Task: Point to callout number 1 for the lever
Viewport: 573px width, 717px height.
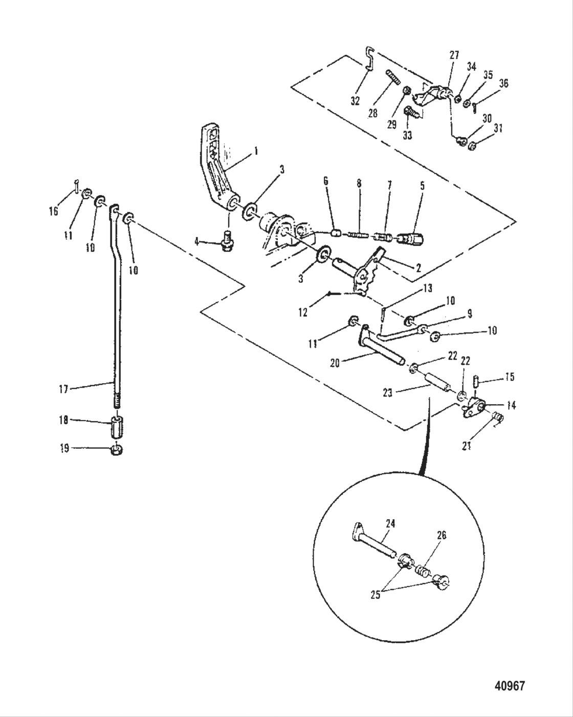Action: click(x=255, y=152)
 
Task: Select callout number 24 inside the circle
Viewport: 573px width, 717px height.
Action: click(x=391, y=524)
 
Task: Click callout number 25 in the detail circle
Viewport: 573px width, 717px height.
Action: click(x=375, y=596)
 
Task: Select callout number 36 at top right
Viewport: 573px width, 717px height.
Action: click(x=503, y=83)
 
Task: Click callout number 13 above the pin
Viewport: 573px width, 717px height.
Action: click(x=427, y=288)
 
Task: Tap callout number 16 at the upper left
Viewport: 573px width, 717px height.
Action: click(x=54, y=210)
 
